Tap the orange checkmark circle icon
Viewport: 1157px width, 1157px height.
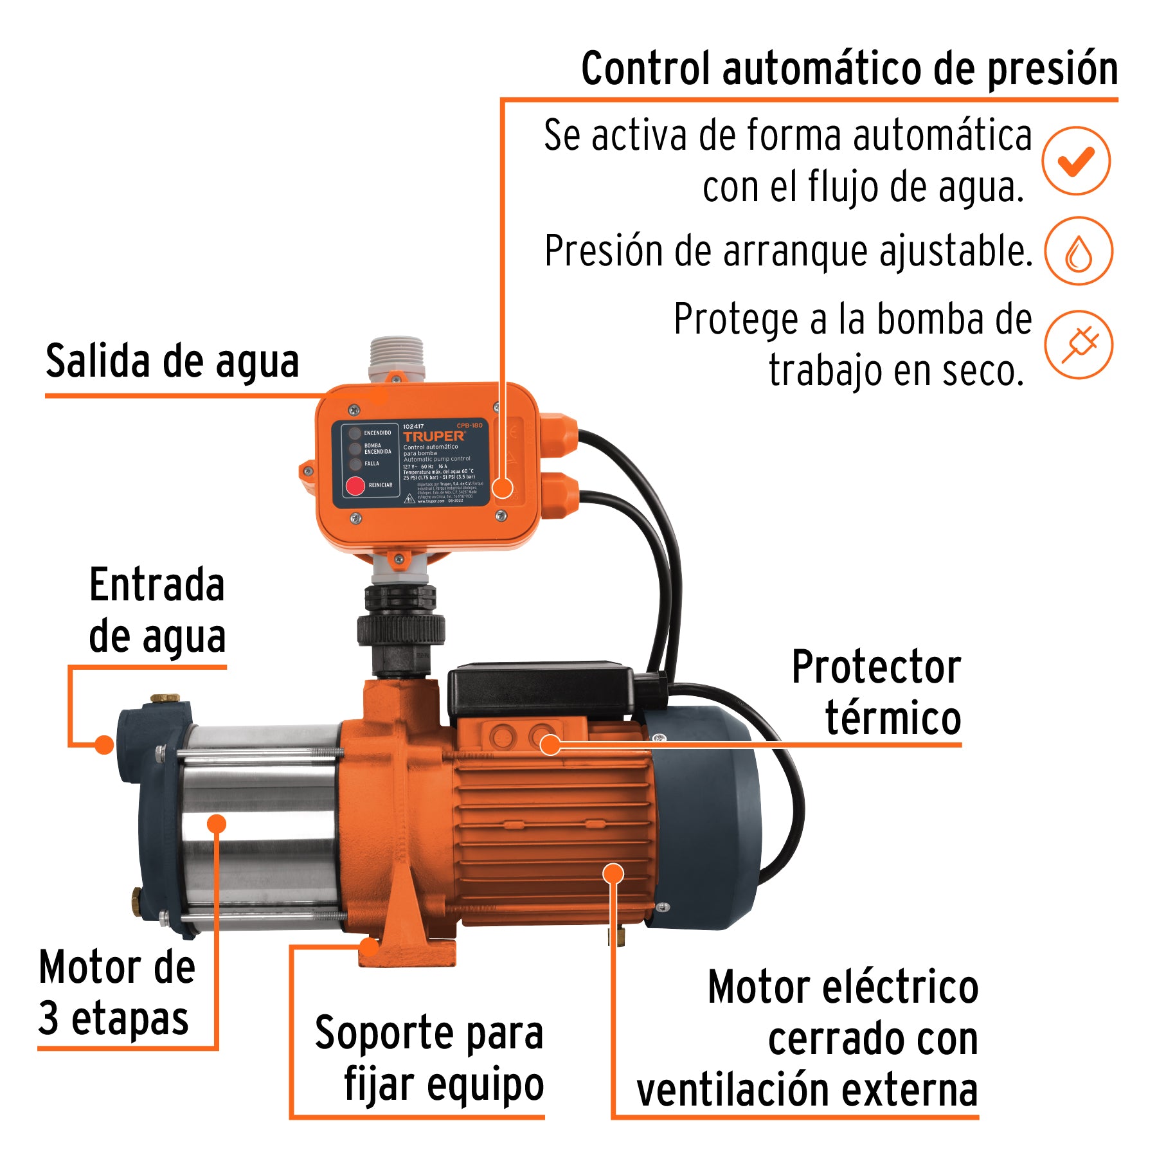click(1076, 161)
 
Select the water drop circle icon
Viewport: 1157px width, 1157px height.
click(1078, 251)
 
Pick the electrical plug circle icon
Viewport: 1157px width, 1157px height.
click(1078, 345)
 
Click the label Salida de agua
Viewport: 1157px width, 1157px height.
click(172, 361)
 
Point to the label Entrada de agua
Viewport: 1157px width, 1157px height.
click(157, 611)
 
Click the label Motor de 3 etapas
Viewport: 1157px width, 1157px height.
click(116, 993)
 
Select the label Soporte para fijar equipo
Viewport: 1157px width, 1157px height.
click(429, 1059)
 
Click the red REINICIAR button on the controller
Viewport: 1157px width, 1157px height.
click(355, 486)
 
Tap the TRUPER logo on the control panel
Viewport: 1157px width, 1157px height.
click(433, 436)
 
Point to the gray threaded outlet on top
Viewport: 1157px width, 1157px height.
click(397, 357)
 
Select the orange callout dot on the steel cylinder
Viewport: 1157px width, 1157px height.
click(217, 823)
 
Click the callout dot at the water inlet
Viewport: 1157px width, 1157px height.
click(103, 745)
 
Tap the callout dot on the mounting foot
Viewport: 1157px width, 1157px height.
click(369, 947)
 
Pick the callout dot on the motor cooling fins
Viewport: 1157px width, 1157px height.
click(613, 873)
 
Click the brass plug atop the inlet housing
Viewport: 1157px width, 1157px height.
click(165, 698)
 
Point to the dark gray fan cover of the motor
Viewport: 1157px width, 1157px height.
click(707, 816)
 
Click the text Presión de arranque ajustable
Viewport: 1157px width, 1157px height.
click(788, 251)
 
